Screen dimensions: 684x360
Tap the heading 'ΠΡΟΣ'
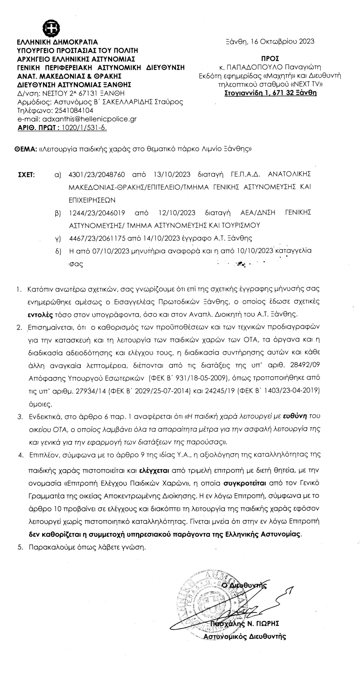pyautogui.click(x=270, y=59)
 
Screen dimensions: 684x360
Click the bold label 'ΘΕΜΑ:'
pyautogui.click(x=26, y=150)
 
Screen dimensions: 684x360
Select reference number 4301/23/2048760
pyautogui.click(x=97, y=175)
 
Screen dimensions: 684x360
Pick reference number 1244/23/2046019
pyautogui.click(x=97, y=213)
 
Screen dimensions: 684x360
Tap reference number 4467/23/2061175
pyautogui.click(x=97, y=238)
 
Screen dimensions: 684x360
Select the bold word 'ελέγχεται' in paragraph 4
pyautogui.click(x=154, y=471)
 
